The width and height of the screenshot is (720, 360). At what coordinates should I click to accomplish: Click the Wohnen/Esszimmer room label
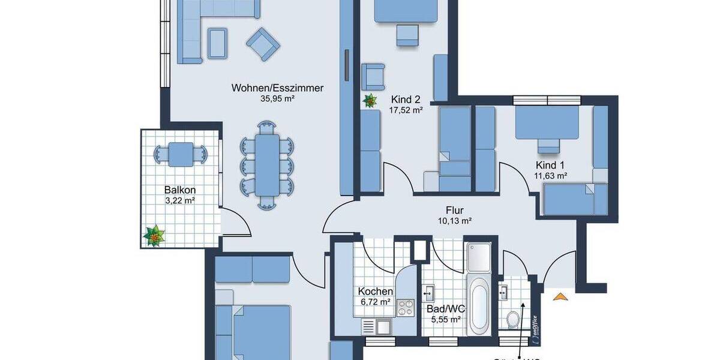pos(277,88)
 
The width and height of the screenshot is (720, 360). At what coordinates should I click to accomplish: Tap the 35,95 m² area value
pos(277,99)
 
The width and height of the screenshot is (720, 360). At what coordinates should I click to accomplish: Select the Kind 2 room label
pos(406,100)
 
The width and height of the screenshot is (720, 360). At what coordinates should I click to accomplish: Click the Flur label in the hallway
pos(454,210)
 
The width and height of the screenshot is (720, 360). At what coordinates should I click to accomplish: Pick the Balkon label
pos(180,190)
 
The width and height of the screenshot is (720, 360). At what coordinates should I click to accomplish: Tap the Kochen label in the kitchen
pos(376,291)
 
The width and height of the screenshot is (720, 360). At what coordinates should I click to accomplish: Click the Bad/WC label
pos(446,309)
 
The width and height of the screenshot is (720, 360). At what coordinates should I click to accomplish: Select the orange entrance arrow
pos(560,296)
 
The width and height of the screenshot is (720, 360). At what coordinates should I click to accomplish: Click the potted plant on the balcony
pos(155,236)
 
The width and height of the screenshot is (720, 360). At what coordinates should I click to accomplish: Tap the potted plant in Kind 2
pos(370,100)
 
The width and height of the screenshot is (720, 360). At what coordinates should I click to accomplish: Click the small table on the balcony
pos(181,154)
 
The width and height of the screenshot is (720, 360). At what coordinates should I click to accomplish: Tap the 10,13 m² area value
pos(454,221)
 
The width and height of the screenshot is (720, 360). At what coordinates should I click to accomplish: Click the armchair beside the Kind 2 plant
pos(374,75)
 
